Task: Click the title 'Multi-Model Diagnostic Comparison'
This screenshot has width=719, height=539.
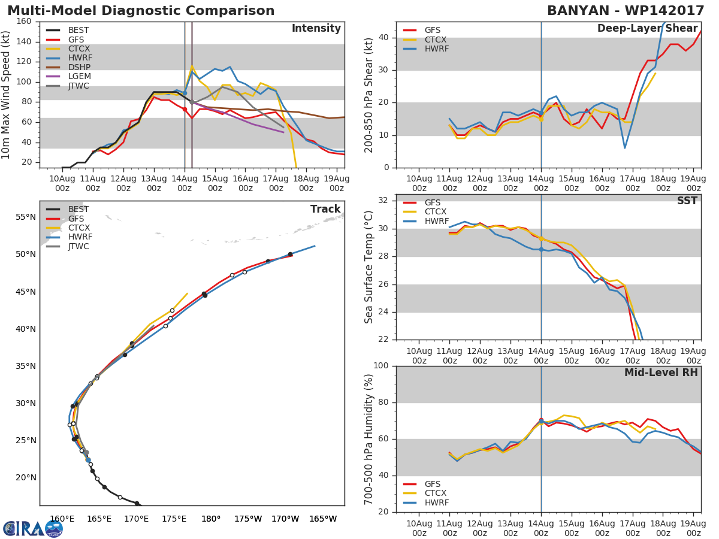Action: point(141,11)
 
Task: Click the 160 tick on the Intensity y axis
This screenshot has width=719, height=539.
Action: point(23,22)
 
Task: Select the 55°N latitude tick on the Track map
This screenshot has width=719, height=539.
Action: point(25,217)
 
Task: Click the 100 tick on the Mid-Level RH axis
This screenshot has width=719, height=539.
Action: point(382,365)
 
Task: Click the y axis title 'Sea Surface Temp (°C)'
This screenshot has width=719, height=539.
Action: point(369,267)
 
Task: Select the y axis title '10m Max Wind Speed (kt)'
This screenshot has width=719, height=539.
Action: point(7,95)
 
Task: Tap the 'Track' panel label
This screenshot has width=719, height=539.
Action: point(325,209)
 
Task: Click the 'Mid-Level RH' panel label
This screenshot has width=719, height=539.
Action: point(661,373)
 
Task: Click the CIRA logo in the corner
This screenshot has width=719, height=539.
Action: point(33,528)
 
